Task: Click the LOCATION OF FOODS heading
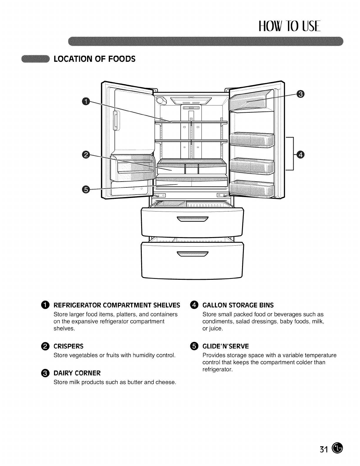(x=94, y=59)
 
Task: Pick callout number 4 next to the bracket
(x=300, y=154)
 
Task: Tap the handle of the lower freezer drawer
(x=192, y=254)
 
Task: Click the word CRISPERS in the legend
(x=68, y=346)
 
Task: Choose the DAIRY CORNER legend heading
(x=77, y=373)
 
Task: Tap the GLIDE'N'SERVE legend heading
(x=226, y=346)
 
